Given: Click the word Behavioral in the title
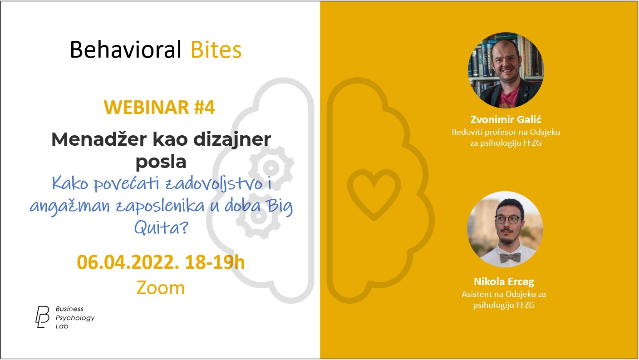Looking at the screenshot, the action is [x=126, y=49].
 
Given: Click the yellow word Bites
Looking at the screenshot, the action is [x=216, y=49].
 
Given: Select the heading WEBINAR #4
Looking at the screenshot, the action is [x=159, y=107].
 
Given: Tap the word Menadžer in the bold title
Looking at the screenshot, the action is [x=99, y=139].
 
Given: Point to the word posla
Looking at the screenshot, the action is [x=161, y=162].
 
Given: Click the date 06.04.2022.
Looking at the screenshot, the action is [x=128, y=262].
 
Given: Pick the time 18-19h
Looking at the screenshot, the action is [x=215, y=262].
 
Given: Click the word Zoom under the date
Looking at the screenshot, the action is [x=161, y=287].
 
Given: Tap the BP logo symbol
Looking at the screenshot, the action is [x=42, y=317].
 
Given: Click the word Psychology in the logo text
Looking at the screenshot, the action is [x=75, y=318].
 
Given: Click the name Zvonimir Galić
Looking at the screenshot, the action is [x=506, y=119].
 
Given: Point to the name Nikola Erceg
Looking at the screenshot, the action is [x=504, y=281].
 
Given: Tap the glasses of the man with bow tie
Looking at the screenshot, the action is [x=509, y=220].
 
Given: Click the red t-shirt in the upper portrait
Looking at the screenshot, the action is [x=509, y=97].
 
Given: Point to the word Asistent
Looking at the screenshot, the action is [x=476, y=294].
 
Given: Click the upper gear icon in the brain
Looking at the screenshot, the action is [x=271, y=168].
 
